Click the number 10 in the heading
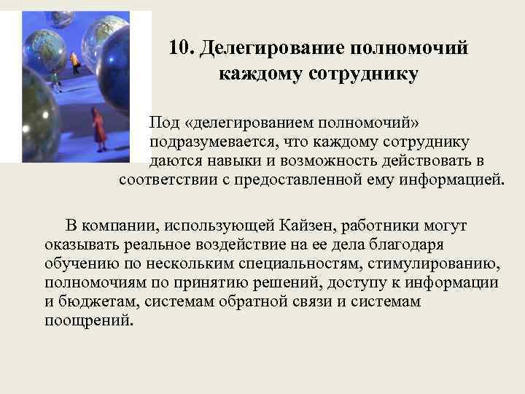(179, 48)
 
